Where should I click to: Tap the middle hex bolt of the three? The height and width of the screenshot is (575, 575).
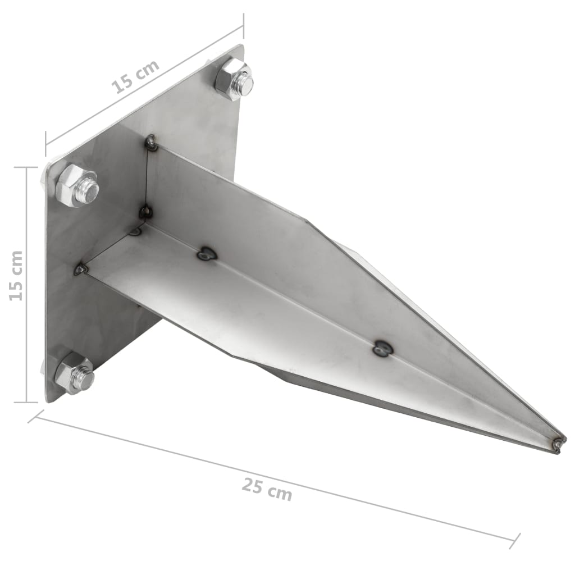pos(77,185)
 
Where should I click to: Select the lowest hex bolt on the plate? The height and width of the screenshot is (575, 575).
pos(75,373)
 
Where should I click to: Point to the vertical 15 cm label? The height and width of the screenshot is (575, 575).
pos(16,276)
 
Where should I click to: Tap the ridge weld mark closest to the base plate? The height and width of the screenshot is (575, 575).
pos(207,254)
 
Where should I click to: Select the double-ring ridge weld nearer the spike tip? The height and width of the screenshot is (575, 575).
pos(383,349)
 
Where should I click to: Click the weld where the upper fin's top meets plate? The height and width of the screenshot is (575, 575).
pos(151,143)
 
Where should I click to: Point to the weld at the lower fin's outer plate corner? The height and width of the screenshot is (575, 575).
pos(81,270)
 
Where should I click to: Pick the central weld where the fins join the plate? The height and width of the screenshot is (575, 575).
pos(145,212)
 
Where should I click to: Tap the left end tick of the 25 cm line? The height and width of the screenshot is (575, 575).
pos(35,417)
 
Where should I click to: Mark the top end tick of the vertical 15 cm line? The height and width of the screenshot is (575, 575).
pos(26,167)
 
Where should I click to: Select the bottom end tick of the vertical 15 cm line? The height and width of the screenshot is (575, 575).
pos(26,402)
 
